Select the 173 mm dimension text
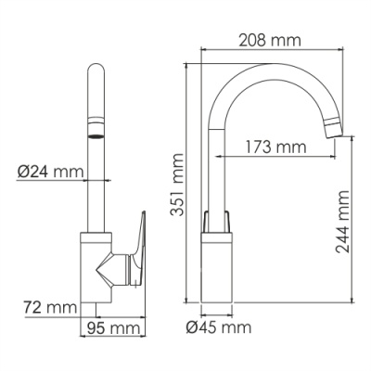coord(276,147)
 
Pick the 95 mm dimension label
coord(112,327)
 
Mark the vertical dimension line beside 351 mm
coord(189,185)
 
